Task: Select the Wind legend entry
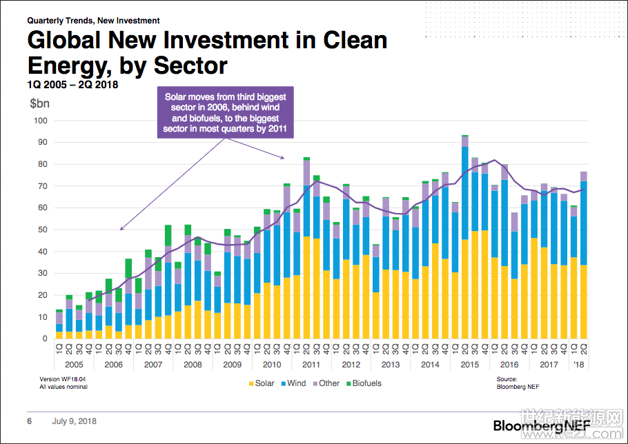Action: (293, 383)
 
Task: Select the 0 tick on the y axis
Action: (44, 339)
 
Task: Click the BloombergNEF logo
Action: (542, 425)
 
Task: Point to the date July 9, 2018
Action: (74, 421)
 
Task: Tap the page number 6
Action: (30, 421)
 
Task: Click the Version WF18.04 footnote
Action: (63, 379)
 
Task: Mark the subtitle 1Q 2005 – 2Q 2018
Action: (72, 85)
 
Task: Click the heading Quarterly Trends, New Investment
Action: (93, 21)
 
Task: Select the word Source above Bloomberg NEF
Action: (507, 379)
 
